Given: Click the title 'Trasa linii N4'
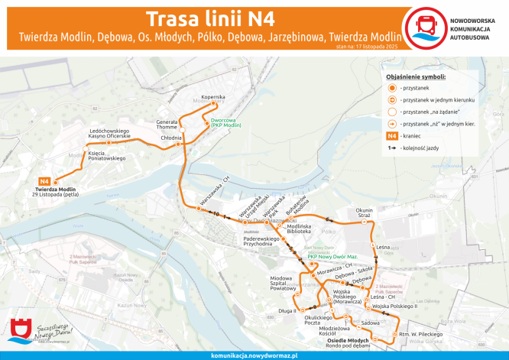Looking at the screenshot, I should [210, 18].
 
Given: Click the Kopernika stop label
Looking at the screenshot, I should [213, 97].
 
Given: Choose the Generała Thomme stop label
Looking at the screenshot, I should [167, 125].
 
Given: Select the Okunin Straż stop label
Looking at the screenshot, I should [364, 213].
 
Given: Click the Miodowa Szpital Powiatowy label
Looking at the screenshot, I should [282, 282].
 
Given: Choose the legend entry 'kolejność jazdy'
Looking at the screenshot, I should [420, 147].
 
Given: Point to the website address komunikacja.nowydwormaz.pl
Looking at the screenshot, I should [254, 355].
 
